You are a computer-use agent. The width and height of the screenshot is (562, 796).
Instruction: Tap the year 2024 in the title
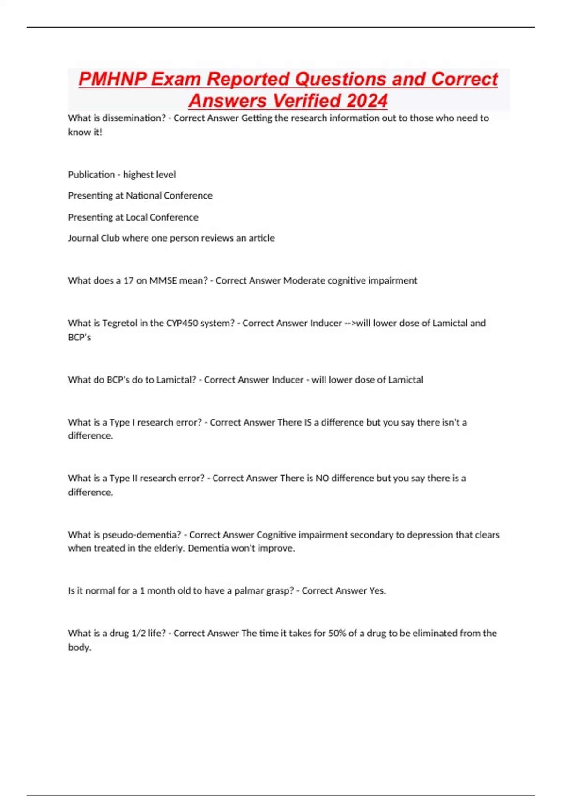coord(367,101)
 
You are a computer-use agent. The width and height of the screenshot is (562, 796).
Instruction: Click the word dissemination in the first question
coord(134,118)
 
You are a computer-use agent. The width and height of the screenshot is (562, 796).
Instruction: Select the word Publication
coord(91,175)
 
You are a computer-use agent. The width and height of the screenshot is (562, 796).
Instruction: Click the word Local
coord(136,217)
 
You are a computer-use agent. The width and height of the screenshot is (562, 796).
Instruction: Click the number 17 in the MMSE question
coord(128,281)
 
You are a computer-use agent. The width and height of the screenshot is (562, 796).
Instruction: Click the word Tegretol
coord(120,323)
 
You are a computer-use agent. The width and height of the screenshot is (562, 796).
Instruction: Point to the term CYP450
coord(182,323)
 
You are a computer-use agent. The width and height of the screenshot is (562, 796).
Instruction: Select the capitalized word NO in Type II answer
coord(322,479)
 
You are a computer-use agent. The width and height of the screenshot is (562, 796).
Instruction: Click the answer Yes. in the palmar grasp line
coord(377,591)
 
